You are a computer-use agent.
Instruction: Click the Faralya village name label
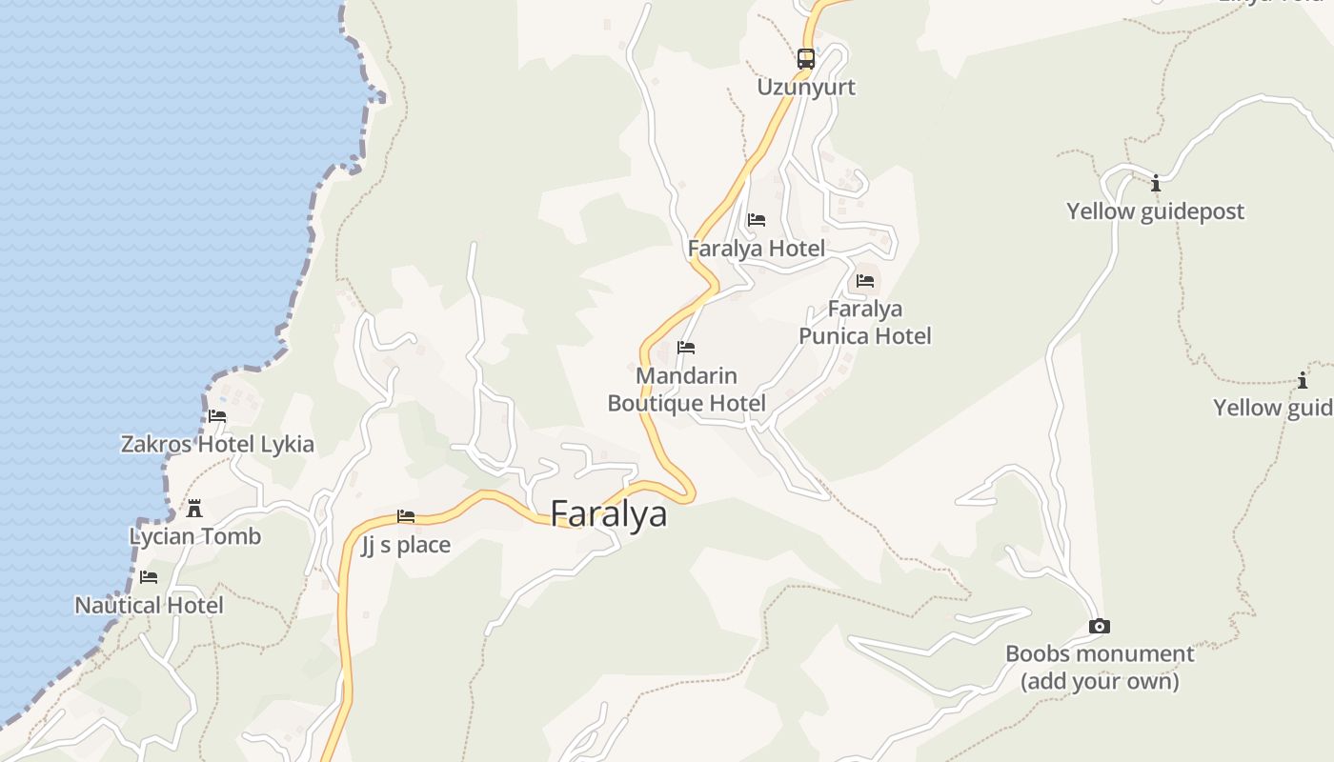[609, 514]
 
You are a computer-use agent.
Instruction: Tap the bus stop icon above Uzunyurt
[806, 59]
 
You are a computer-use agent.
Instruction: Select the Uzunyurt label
[806, 88]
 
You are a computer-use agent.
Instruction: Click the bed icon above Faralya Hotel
[757, 220]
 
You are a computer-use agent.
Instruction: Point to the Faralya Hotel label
[757, 250]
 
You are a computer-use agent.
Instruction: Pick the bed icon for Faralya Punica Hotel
[865, 281]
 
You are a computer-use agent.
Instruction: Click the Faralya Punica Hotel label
[865, 323]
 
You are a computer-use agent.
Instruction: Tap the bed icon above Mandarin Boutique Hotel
[686, 348]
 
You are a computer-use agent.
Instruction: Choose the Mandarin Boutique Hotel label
[686, 390]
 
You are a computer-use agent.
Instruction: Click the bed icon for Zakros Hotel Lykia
[217, 416]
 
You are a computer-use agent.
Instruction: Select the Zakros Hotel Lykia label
[217, 445]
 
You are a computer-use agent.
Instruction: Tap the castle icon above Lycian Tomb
[195, 508]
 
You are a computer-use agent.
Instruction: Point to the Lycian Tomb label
[195, 537]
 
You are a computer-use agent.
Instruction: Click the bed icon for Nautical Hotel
[149, 577]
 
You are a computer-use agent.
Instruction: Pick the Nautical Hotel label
[150, 606]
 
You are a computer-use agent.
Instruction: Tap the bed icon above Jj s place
[406, 517]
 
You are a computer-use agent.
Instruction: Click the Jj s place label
[406, 546]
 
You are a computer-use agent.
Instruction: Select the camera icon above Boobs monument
[1100, 627]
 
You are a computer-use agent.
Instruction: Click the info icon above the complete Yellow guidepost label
[1156, 183]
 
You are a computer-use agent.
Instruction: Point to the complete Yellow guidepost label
[1156, 211]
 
